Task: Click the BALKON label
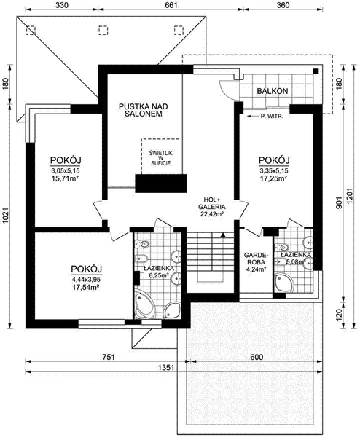point(273,91)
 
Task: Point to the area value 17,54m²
point(85,287)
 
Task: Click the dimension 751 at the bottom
point(108,358)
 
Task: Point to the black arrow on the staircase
point(222,235)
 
